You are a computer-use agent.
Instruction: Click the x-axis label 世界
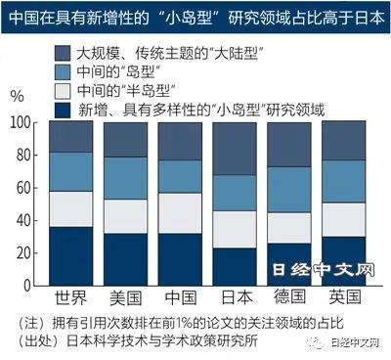click(71, 297)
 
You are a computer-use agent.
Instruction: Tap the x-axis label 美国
click(126, 297)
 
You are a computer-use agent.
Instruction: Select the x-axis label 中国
click(181, 297)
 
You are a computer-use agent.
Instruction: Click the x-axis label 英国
click(345, 296)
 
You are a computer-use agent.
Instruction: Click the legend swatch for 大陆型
click(63, 53)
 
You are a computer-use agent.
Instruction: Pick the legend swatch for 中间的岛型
click(63, 72)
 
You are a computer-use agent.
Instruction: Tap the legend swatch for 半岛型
click(63, 91)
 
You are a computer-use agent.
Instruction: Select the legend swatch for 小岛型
click(63, 110)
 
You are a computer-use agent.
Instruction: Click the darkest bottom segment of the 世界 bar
click(71, 256)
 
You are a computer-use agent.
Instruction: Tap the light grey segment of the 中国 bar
click(180, 213)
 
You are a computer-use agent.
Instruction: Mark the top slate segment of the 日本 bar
click(235, 149)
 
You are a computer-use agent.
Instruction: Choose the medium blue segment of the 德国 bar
click(289, 190)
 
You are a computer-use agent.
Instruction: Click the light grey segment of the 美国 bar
click(125, 216)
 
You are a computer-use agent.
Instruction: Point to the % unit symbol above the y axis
click(17, 96)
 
